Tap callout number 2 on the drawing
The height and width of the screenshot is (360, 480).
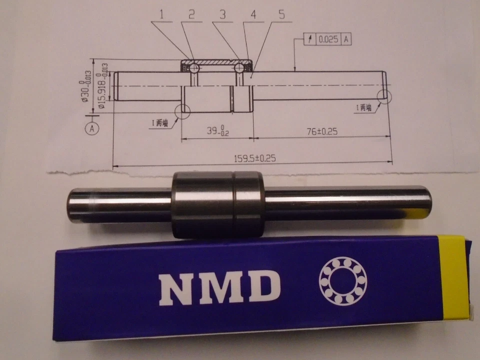click(191, 14)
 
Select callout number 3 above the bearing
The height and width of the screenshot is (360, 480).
click(222, 14)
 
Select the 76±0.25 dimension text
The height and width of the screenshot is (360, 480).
click(322, 131)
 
